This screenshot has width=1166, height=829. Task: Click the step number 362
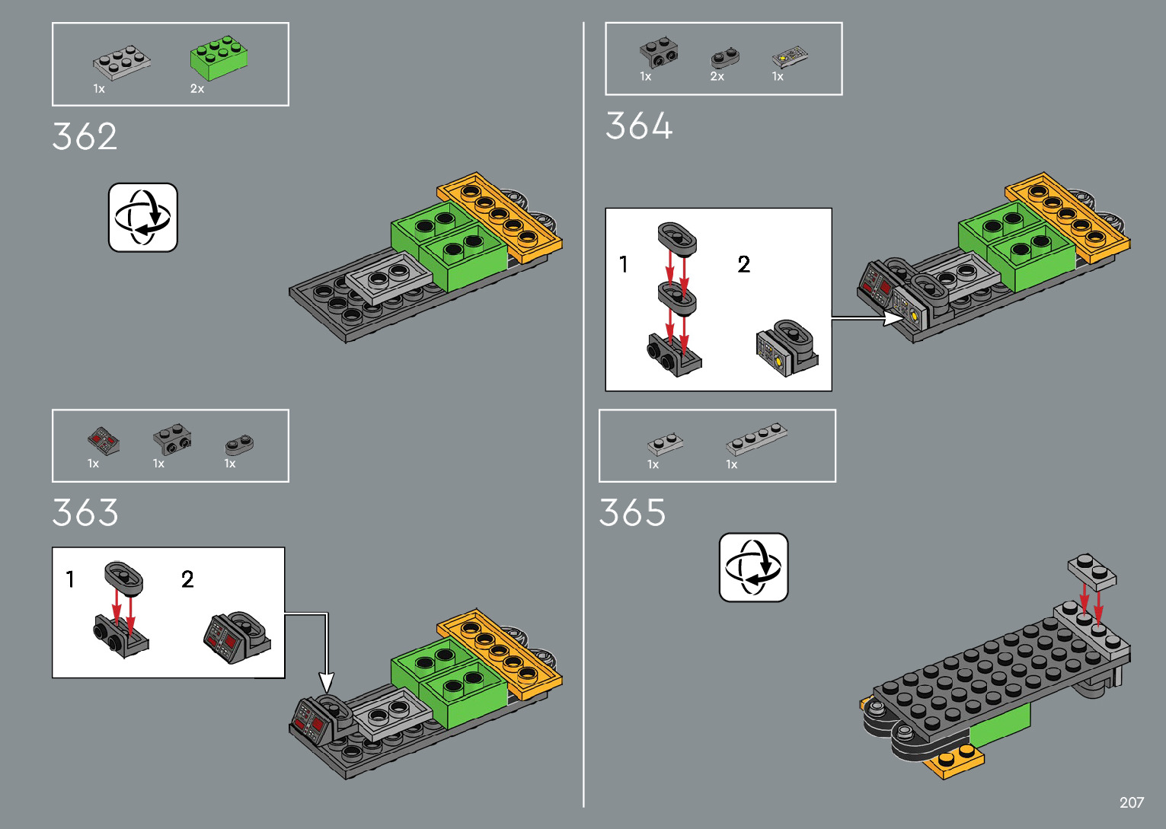tap(85, 137)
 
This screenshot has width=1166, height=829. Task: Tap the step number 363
tap(85, 512)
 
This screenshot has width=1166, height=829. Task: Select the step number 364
tap(639, 126)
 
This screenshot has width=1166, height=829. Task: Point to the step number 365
tap(632, 512)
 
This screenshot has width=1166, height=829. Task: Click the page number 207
tap(1131, 802)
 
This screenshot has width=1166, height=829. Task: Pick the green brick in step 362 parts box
tap(219, 57)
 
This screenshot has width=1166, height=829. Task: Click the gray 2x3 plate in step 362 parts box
tap(121, 61)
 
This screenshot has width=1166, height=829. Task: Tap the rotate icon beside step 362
tap(143, 217)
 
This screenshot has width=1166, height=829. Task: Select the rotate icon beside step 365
tap(753, 567)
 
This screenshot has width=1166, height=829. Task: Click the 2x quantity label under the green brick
tap(197, 89)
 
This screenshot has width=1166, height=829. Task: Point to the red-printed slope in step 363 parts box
tap(103, 440)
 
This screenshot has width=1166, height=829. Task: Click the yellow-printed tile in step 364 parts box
tap(789, 57)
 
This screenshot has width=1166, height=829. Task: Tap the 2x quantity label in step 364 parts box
tap(717, 76)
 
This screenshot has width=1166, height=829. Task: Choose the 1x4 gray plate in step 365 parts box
tap(756, 438)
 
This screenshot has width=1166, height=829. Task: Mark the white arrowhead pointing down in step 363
tap(326, 683)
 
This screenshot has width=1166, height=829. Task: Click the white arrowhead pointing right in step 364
tap(893, 318)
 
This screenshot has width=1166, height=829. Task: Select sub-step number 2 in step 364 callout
tap(744, 264)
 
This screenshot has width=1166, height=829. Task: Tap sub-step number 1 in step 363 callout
tap(70, 579)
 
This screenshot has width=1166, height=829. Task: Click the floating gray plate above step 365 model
tap(1091, 571)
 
